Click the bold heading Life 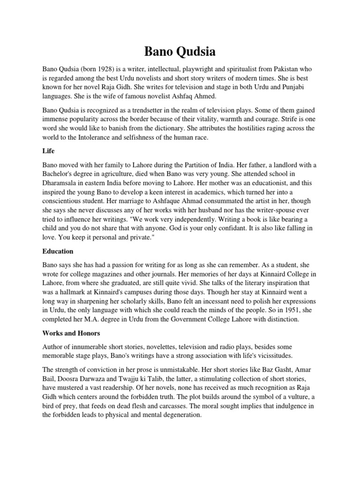coord(48,151)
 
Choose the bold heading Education coord(58,251)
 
